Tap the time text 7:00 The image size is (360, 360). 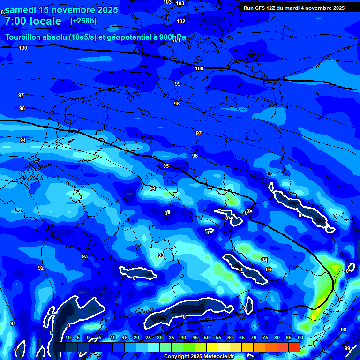15,21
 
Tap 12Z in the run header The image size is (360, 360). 273,8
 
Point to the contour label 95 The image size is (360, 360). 166,166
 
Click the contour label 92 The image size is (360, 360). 41,268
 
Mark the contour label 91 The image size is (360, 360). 13,323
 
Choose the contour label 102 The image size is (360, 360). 181,21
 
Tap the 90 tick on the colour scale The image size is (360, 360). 300,337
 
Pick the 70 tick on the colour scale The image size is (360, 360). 253,337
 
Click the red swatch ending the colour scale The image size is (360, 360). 294,347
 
